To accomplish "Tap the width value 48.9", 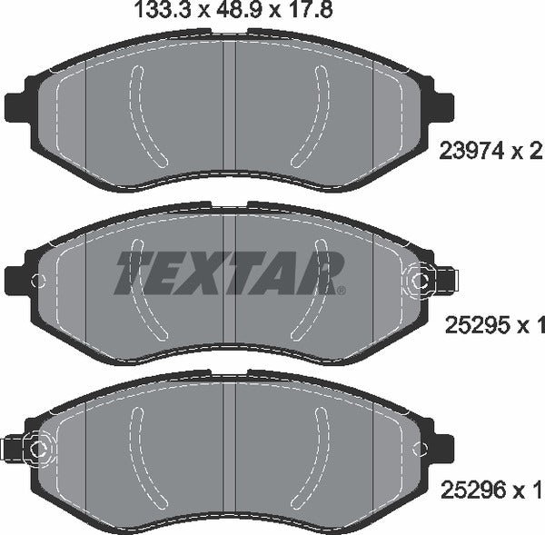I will coord(213,12).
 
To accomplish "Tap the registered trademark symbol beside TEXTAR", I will coord(341,292).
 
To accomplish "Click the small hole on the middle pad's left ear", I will coord(35,281).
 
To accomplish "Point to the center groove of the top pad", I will coord(230,109).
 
